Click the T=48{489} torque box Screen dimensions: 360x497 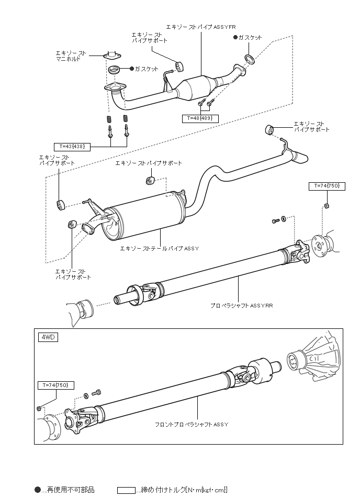pos(200,118)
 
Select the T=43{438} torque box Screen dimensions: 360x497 pos(72,147)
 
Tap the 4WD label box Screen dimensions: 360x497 pos(48,337)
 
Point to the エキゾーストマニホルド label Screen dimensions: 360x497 pos(71,56)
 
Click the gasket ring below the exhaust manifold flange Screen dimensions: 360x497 pos(114,70)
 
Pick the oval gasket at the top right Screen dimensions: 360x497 pos(249,59)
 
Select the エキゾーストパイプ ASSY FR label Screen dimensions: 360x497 pos(201,27)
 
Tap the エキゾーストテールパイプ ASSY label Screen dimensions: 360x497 pos(159,248)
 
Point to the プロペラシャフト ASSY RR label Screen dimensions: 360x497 pos(241,306)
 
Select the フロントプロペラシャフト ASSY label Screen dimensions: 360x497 pos(192,424)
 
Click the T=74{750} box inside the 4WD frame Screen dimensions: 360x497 pos(56,385)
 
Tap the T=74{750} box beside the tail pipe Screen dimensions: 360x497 pos(327,186)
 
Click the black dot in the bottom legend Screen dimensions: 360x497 pos(38,490)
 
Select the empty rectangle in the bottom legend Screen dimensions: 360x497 pos(126,490)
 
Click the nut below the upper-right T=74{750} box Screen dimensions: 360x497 pos(327,206)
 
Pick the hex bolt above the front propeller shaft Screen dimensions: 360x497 pos(96,393)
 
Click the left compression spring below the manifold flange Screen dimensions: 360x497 pos(109,119)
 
